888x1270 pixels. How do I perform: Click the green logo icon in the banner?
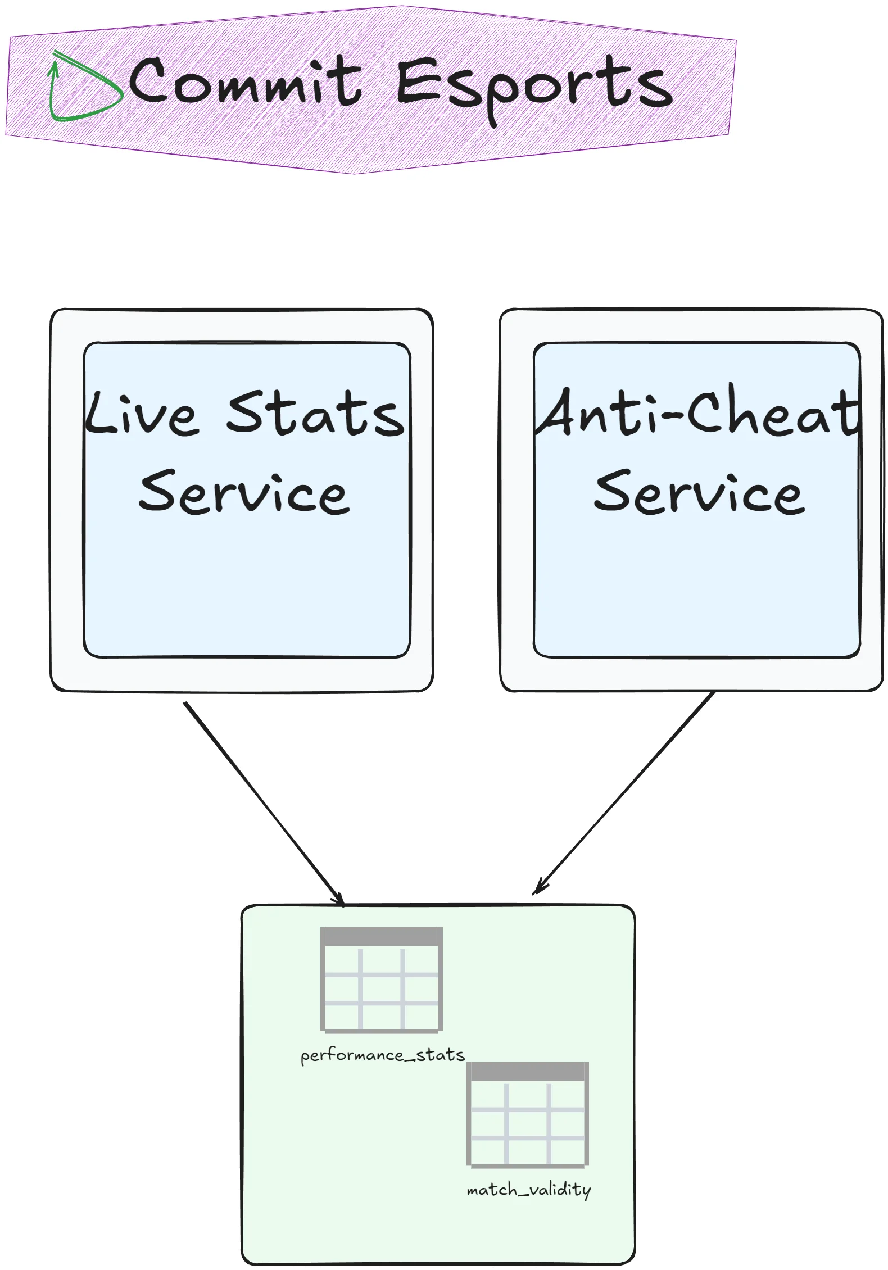pos(84,87)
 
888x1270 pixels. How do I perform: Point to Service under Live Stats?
pos(244,493)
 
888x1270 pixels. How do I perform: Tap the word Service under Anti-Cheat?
pos(700,493)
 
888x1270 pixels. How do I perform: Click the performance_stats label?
pos(382,1055)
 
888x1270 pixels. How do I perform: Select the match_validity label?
pos(529,1190)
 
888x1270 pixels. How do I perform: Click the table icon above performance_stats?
pos(382,980)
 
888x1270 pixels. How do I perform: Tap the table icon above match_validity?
pos(528,1115)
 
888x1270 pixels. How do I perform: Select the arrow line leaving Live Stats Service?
pos(259,798)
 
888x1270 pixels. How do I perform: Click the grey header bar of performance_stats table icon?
pos(382,937)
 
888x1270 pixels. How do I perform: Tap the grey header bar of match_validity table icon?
pos(528,1072)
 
